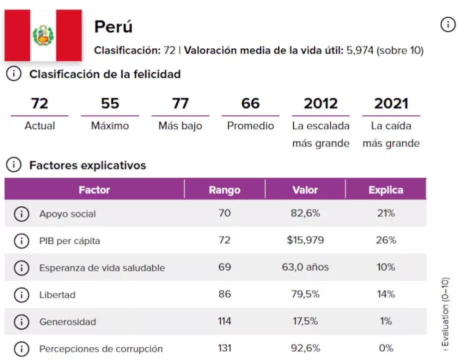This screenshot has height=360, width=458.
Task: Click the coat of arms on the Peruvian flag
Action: pyautogui.click(x=43, y=35)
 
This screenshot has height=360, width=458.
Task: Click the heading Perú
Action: pyautogui.click(x=113, y=26)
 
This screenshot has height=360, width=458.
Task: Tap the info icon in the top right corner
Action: pyautogui.click(x=448, y=24)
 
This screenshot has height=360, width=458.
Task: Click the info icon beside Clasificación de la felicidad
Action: pyautogui.click(x=13, y=74)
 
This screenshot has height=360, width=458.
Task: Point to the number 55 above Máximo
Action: pyautogui.click(x=110, y=103)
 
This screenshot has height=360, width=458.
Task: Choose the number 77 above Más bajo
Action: pyautogui.click(x=180, y=103)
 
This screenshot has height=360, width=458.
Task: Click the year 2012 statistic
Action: pyautogui.click(x=321, y=103)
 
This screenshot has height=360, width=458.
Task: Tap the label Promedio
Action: pyautogui.click(x=250, y=126)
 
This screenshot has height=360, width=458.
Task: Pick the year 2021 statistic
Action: pyautogui.click(x=391, y=103)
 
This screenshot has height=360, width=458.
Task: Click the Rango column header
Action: pyautogui.click(x=224, y=190)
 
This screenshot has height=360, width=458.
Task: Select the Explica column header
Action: pyautogui.click(x=386, y=190)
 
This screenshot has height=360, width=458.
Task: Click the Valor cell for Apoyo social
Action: pyautogui.click(x=305, y=213)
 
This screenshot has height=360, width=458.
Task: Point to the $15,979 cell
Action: pyautogui.click(x=305, y=240)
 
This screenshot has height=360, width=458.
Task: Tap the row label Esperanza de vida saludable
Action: pyautogui.click(x=102, y=267)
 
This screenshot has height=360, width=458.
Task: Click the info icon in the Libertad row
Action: pyautogui.click(x=21, y=294)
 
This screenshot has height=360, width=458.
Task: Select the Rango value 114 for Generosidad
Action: pyautogui.click(x=224, y=321)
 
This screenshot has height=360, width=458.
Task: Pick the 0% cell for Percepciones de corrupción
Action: pyautogui.click(x=386, y=348)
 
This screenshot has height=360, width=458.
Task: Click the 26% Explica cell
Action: pyautogui.click(x=386, y=240)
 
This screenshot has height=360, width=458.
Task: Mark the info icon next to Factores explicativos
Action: pyautogui.click(x=13, y=165)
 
